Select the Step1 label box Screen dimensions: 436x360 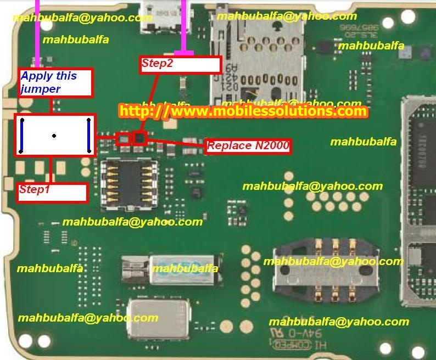click(x=52, y=191)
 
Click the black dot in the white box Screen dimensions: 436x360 click(x=54, y=135)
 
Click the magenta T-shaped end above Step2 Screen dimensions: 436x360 click(x=187, y=53)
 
